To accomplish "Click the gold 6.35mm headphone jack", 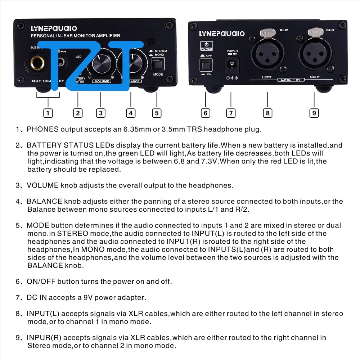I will pyautogui.click(x=39, y=66).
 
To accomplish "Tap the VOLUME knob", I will pyautogui.click(x=101, y=64).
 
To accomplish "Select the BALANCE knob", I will pyautogui.click(x=132, y=64).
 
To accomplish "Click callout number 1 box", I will pyautogui.click(x=48, y=113).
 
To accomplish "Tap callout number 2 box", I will pyautogui.click(x=78, y=113).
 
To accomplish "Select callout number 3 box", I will pyautogui.click(x=101, y=113).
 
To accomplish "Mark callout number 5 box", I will pyautogui.click(x=156, y=113).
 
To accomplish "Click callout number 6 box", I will pyautogui.click(x=206, y=113).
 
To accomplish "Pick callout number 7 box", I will pyautogui.click(x=231, y=113).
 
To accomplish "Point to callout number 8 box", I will pyautogui.click(x=267, y=113).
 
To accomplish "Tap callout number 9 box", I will pyautogui.click(x=314, y=113).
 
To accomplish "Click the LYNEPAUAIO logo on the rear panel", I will pyautogui.click(x=222, y=33).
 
